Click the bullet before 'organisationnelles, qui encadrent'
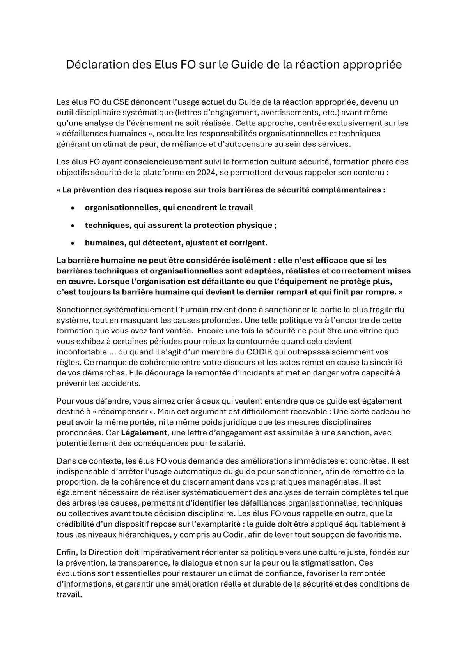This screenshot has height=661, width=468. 73,208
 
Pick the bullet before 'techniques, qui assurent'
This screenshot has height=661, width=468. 73,226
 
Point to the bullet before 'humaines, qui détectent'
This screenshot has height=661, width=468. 73,243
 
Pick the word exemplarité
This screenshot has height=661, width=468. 218,524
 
